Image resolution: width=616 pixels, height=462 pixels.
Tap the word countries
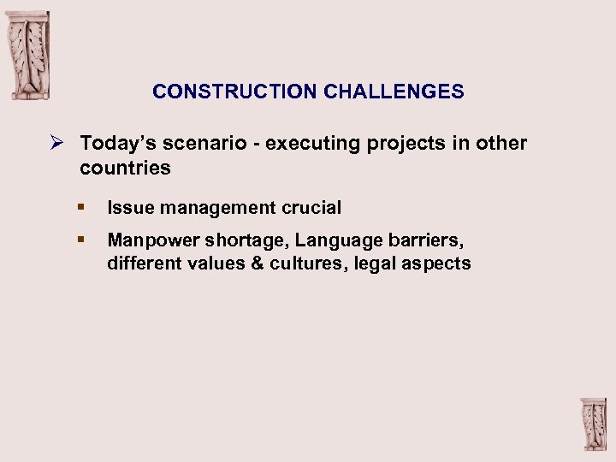click(x=125, y=168)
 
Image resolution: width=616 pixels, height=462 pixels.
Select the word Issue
click(x=127, y=207)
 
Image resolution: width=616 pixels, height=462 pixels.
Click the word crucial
click(x=311, y=207)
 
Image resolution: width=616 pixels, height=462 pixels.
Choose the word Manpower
click(x=151, y=240)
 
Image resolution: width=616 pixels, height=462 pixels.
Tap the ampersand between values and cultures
click(x=257, y=264)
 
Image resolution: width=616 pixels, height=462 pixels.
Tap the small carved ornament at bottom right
click(x=593, y=424)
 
